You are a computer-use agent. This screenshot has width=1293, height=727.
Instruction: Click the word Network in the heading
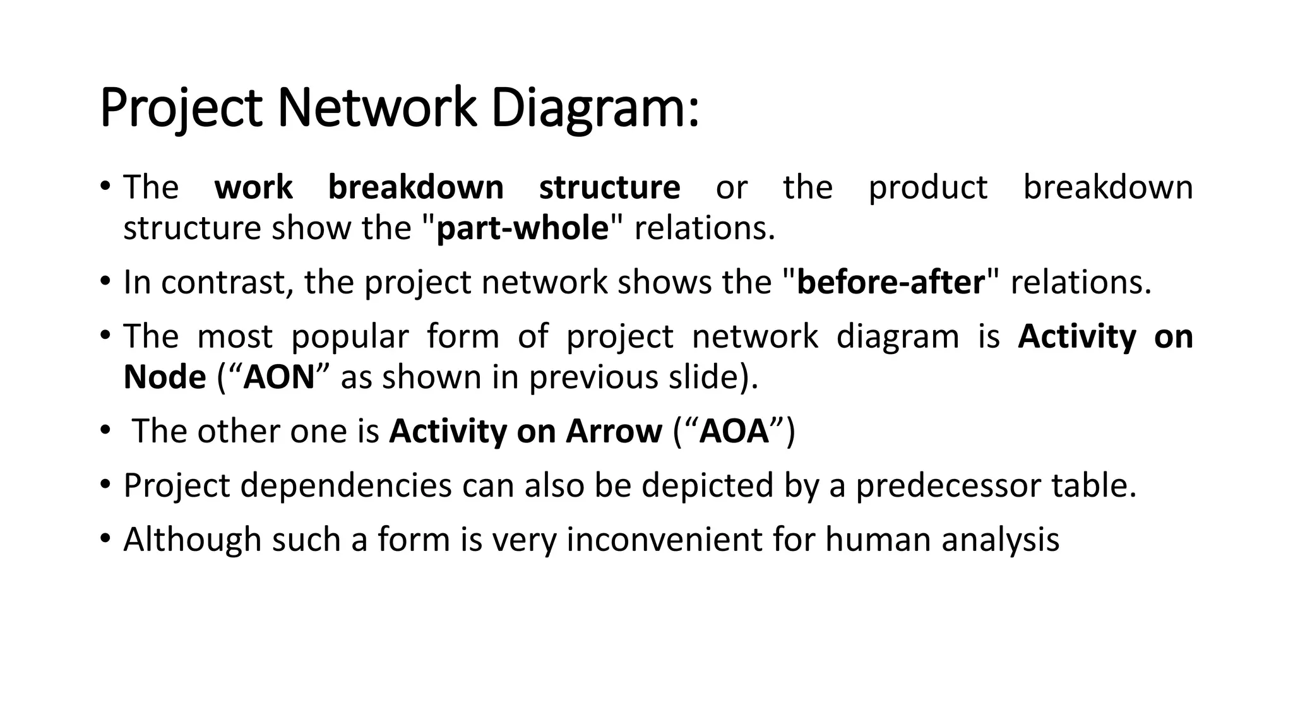[376, 109]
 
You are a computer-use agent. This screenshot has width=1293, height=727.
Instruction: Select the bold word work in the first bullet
[253, 187]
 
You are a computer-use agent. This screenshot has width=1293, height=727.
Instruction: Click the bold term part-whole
[522, 228]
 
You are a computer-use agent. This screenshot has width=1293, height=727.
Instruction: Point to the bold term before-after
[890, 282]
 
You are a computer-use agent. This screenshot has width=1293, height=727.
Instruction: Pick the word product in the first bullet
[927, 187]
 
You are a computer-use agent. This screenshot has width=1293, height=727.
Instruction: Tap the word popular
[350, 336]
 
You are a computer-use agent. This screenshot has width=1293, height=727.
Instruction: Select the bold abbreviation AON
[279, 377]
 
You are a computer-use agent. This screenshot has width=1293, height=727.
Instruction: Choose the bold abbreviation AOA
[734, 432]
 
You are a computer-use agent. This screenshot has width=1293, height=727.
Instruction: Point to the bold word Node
[165, 377]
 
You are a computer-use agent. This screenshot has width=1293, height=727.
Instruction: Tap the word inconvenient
[664, 540]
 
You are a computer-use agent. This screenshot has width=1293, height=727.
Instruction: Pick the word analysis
[1000, 540]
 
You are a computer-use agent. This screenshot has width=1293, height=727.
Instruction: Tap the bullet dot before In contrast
[105, 282]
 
